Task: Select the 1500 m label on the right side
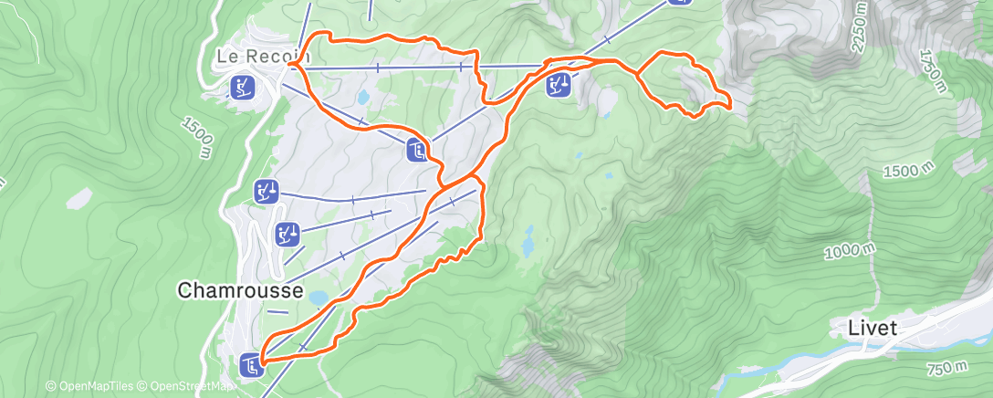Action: pyautogui.click(x=912, y=171)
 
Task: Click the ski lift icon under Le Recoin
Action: pyautogui.click(x=243, y=88)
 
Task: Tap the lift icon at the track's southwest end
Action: pyautogui.click(x=252, y=367)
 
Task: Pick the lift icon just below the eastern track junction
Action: pyautogui.click(x=559, y=86)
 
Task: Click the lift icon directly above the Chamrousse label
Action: pyautogui.click(x=287, y=235)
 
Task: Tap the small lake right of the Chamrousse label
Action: pyautogui.click(x=318, y=298)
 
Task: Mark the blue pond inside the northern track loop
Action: pyautogui.click(x=364, y=96)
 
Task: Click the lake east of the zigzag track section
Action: pyautogui.click(x=527, y=245)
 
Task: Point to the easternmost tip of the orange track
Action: pyautogui.click(x=732, y=107)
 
